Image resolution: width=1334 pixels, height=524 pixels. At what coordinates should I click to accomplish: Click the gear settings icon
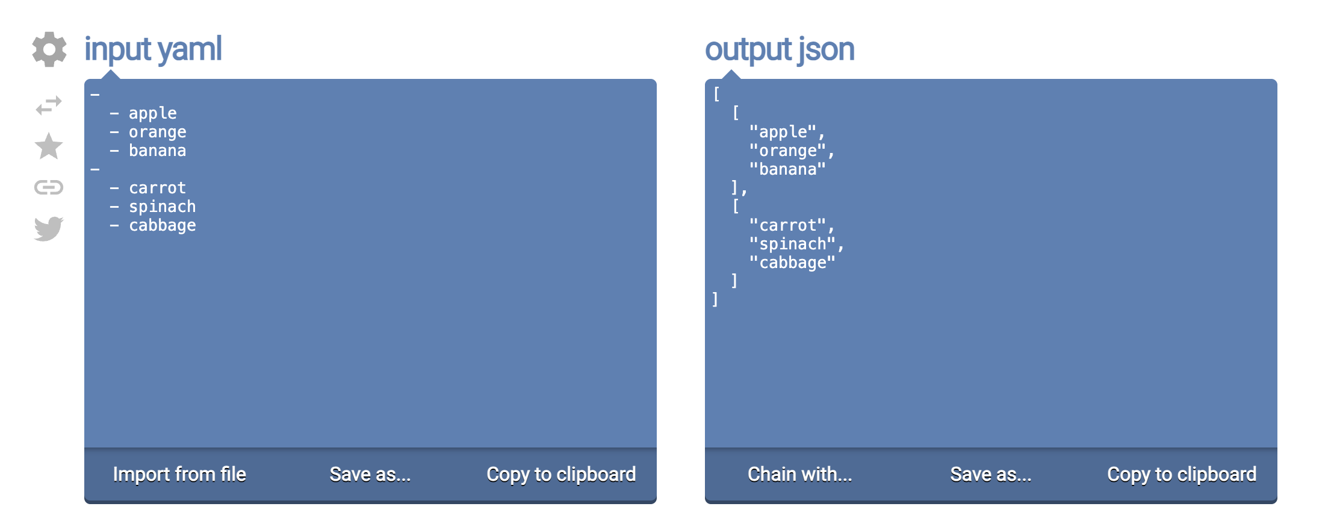[49, 49]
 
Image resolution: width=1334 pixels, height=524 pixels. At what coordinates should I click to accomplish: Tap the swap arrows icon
[49, 105]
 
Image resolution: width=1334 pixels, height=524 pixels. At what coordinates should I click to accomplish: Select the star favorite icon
[49, 146]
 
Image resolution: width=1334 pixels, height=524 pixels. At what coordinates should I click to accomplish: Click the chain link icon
[49, 187]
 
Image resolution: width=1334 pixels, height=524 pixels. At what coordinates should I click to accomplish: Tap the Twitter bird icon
[49, 228]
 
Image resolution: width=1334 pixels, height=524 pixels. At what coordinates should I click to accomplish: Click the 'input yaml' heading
[153, 49]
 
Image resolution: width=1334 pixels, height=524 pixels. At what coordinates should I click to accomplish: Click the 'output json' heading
[780, 49]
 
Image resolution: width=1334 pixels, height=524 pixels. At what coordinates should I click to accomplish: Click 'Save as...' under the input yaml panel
[370, 474]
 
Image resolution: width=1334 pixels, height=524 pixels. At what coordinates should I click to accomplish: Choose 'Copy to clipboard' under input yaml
[561, 474]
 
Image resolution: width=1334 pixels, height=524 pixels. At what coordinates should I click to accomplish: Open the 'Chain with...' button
[800, 474]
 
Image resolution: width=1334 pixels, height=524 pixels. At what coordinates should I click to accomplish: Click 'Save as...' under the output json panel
[991, 474]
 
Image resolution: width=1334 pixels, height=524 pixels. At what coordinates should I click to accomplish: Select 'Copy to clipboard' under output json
[1182, 474]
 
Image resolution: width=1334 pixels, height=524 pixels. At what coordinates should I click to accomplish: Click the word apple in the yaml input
[153, 113]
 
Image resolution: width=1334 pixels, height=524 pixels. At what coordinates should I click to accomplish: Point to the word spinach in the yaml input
[163, 207]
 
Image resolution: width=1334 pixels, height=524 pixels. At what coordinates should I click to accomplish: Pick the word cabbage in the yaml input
[163, 225]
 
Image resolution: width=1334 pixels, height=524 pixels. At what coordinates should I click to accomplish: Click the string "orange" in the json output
[788, 151]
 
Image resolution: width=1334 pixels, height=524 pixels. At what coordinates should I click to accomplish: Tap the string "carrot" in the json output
[788, 225]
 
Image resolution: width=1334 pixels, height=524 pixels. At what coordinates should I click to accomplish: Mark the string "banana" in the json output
[788, 169]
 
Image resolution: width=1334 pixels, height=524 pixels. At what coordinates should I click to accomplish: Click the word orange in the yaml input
[158, 133]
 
